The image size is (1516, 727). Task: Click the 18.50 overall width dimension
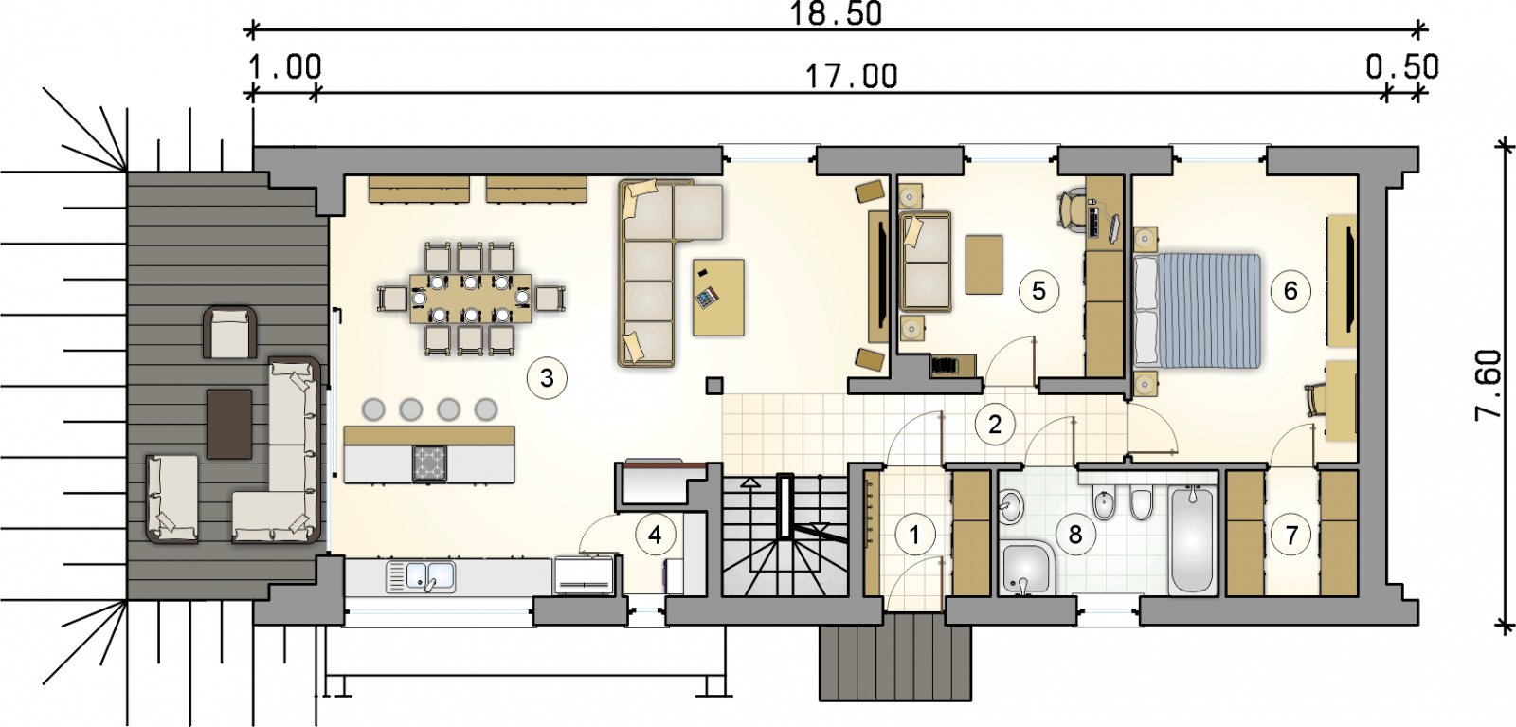point(837,13)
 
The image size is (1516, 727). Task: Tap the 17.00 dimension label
point(852,77)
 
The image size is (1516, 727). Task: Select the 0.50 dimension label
point(1402,67)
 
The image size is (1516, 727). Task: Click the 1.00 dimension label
point(285,67)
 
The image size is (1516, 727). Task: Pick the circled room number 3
point(547,378)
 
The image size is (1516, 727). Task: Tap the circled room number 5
point(1038,291)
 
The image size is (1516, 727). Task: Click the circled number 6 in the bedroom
point(1290,291)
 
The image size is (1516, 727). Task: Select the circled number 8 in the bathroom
point(1075,535)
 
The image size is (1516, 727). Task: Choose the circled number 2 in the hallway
point(995,425)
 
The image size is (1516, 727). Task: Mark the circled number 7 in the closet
point(1291,536)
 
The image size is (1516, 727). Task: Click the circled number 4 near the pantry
point(655,535)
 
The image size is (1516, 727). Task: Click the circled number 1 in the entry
point(915,535)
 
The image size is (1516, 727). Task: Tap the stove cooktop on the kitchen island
point(429,463)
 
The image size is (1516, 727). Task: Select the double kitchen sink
point(421,576)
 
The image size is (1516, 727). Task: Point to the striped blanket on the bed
point(1210,311)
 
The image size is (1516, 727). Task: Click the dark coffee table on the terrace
point(228,425)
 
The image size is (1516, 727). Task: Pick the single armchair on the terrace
point(230,332)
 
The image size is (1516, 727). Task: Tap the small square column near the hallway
point(714,385)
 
